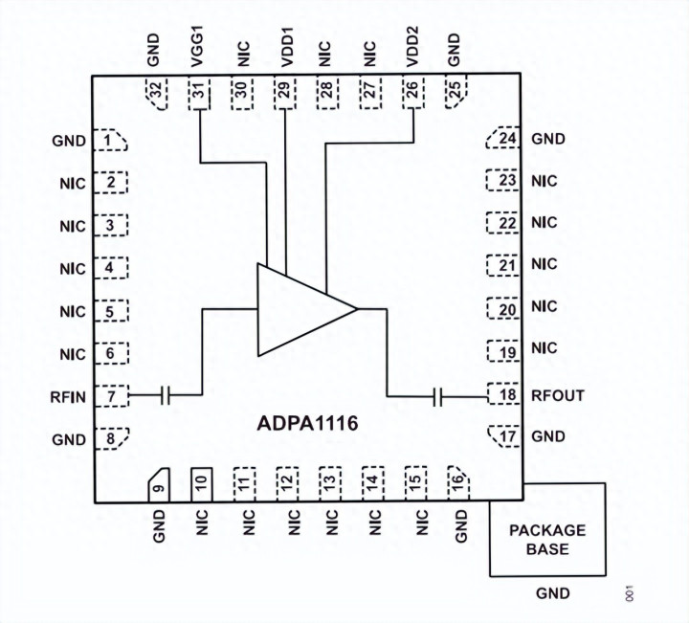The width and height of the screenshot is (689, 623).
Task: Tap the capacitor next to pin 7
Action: [x=165, y=394]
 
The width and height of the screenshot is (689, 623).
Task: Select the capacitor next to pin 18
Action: [x=439, y=394]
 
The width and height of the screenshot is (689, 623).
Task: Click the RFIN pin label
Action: [x=68, y=394]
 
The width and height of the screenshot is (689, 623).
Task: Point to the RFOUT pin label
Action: [x=559, y=394]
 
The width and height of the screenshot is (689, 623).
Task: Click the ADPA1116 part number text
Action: [x=306, y=423]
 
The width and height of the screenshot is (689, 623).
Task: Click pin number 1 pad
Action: [x=114, y=142]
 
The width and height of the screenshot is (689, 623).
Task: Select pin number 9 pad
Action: [x=158, y=484]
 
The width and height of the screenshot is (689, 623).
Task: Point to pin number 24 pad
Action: [x=504, y=139]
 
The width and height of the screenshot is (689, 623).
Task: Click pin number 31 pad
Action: [x=197, y=93]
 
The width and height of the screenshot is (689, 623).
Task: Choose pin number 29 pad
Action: [x=285, y=93]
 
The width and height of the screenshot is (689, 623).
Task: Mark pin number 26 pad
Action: [x=411, y=93]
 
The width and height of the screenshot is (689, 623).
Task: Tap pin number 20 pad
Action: [x=503, y=308]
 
